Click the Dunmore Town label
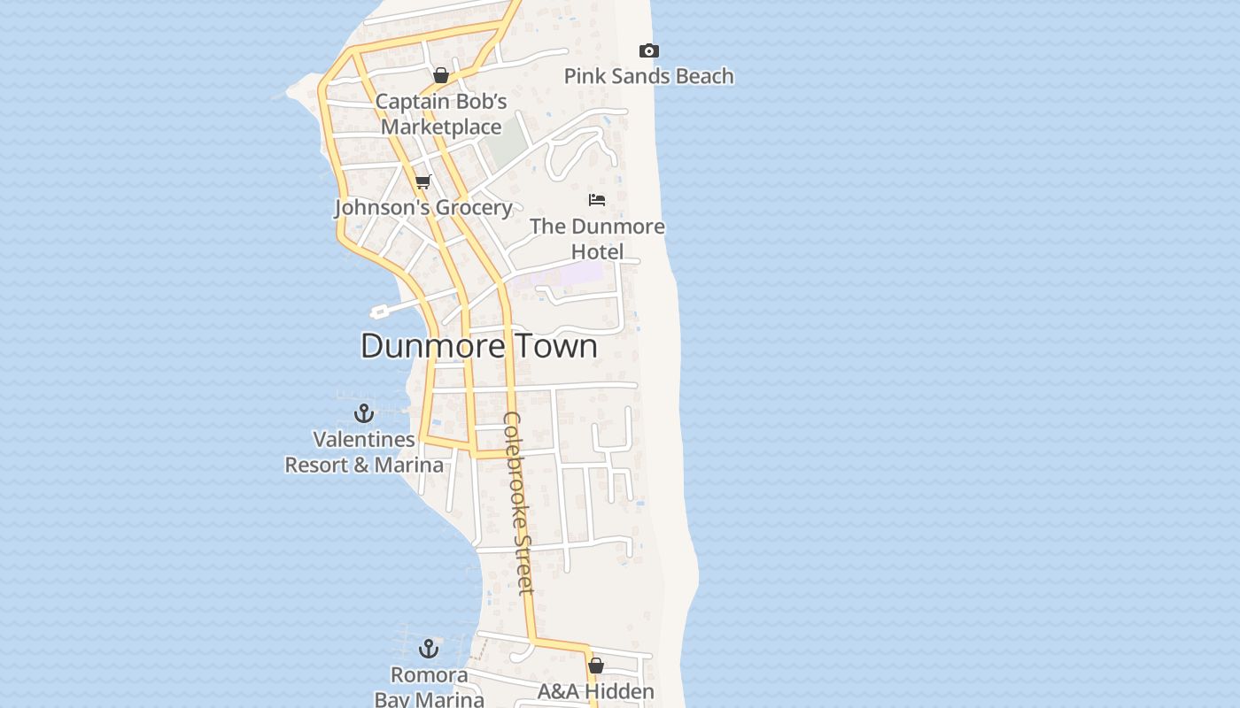[478, 345]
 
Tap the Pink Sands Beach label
[648, 76]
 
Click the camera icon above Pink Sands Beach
[649, 51]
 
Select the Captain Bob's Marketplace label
[441, 114]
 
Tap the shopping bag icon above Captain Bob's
[441, 75]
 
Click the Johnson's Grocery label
[423, 207]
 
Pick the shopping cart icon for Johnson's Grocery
[423, 182]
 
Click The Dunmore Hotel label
[597, 238]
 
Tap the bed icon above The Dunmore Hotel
[597, 200]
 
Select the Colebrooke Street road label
[519, 503]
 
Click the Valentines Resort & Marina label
[364, 451]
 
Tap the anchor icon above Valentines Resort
[364, 413]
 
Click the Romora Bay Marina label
[430, 687]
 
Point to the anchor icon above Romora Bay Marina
[429, 650]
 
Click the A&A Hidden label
[596, 691]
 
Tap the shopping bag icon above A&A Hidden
[596, 666]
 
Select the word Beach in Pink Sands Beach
[701, 76]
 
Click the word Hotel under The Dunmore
[597, 251]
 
